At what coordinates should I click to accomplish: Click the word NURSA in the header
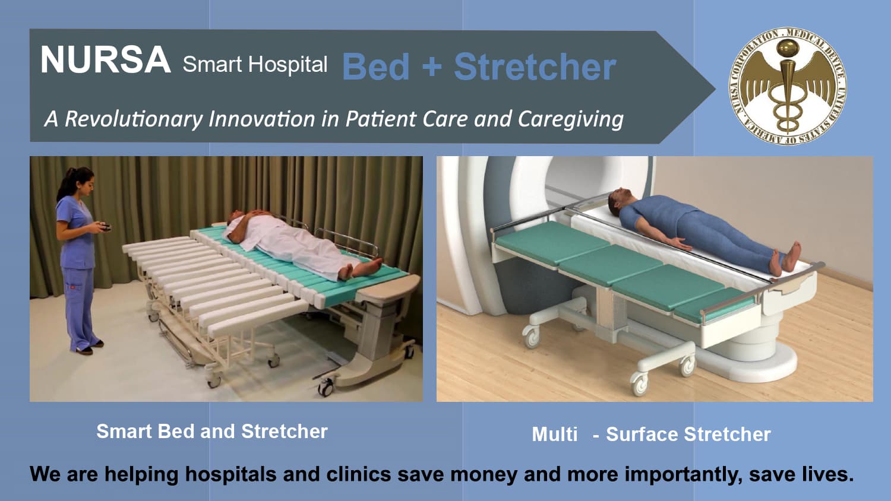(x=105, y=61)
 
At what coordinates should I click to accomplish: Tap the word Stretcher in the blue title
(x=535, y=66)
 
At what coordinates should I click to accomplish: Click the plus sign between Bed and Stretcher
(x=432, y=66)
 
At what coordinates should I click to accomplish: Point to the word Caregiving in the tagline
(x=570, y=119)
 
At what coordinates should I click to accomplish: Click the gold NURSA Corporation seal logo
(x=788, y=87)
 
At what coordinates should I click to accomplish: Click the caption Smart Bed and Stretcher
(x=212, y=432)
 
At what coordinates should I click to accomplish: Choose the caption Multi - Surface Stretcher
(x=651, y=435)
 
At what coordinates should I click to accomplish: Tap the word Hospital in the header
(x=288, y=64)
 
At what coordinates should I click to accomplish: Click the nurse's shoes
(x=89, y=347)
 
